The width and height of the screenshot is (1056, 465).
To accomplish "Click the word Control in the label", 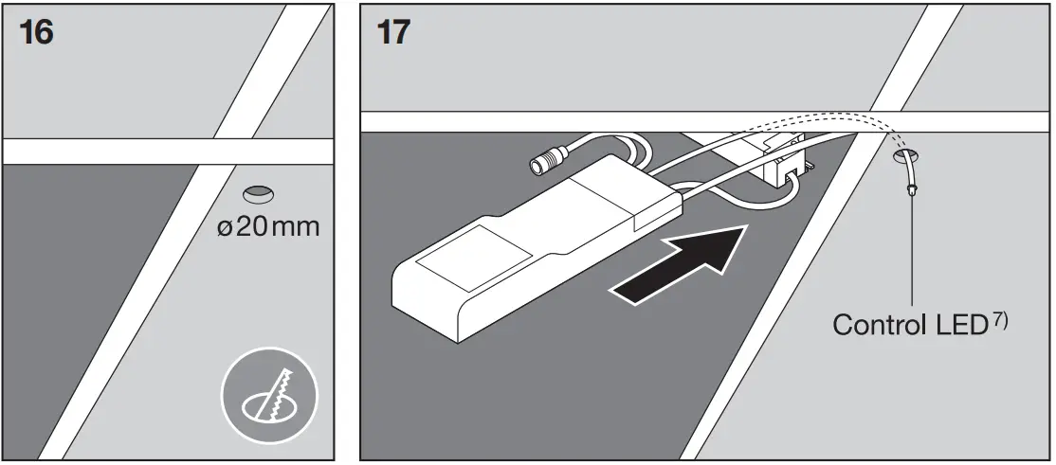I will pos(875,324).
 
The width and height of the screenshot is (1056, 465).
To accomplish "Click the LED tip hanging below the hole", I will pos(912,190).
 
